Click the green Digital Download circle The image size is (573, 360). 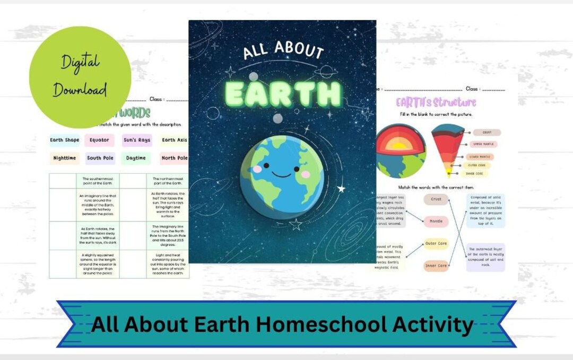point(80,77)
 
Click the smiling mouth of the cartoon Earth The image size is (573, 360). point(282,173)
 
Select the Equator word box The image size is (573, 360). point(99,140)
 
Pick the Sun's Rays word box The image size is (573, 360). point(137,140)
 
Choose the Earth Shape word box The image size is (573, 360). point(64,140)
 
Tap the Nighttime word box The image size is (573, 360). point(65,158)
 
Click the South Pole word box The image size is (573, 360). point(101,158)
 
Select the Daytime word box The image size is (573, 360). point(136,158)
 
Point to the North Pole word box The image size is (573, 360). point(175,158)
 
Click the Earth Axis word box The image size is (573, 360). point(175,140)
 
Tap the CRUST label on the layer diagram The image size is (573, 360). point(487,132)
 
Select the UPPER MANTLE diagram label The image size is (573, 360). point(484,144)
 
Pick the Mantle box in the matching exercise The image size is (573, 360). point(436,221)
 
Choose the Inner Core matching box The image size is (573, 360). point(436,265)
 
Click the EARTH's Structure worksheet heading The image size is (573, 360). point(436,102)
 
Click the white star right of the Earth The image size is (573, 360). point(341,188)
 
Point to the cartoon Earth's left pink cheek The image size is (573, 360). point(257,169)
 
